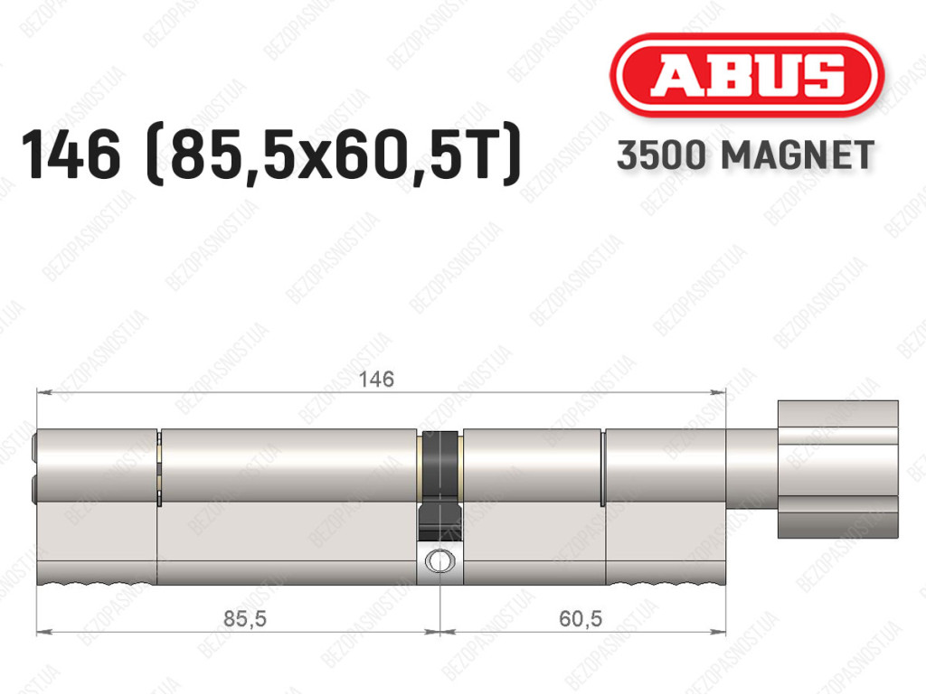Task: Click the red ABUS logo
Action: coord(746,75)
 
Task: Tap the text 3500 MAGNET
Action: coord(745,155)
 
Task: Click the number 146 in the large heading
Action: coord(71,155)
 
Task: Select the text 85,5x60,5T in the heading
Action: coord(335,155)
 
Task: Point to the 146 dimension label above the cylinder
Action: coord(377,379)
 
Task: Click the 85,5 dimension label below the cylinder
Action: coord(245,618)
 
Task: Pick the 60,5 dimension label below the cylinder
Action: coord(581,618)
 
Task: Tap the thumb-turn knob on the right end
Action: coord(837,469)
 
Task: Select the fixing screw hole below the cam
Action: coord(439,560)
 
